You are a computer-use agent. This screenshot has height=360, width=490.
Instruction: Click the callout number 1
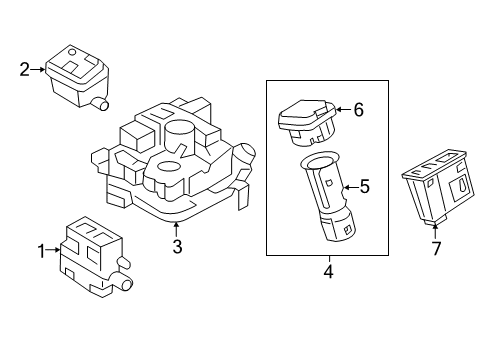tap(41, 251)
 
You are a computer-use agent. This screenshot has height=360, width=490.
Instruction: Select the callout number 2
tap(24, 70)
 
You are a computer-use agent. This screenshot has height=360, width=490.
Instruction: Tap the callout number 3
tap(177, 247)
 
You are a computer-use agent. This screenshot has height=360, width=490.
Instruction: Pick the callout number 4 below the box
tap(328, 271)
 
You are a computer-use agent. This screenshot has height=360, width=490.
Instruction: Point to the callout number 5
tap(365, 186)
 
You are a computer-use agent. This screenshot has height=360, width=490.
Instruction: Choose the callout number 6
tap(358, 110)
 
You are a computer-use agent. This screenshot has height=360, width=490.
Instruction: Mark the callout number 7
tap(436, 248)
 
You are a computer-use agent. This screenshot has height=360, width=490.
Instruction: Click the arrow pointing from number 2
tap(38, 69)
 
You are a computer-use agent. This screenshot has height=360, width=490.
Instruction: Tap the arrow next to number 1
tap(53, 249)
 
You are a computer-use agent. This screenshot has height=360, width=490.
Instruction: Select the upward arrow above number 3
tap(177, 230)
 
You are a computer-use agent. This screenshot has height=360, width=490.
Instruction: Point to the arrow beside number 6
tap(344, 109)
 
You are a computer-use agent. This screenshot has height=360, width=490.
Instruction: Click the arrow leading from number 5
tap(351, 188)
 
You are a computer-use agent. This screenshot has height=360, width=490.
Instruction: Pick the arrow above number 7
tap(435, 232)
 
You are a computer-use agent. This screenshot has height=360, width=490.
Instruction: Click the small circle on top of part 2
tap(72, 52)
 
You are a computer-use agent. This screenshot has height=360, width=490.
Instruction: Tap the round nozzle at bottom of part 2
tap(102, 104)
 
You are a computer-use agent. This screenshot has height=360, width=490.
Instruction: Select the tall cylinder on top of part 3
tap(180, 137)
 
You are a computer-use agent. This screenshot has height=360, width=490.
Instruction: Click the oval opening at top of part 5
tap(319, 162)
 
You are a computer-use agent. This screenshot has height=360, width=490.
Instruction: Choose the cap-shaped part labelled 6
tap(307, 122)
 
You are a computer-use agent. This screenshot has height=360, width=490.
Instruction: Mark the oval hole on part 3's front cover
tap(169, 166)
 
